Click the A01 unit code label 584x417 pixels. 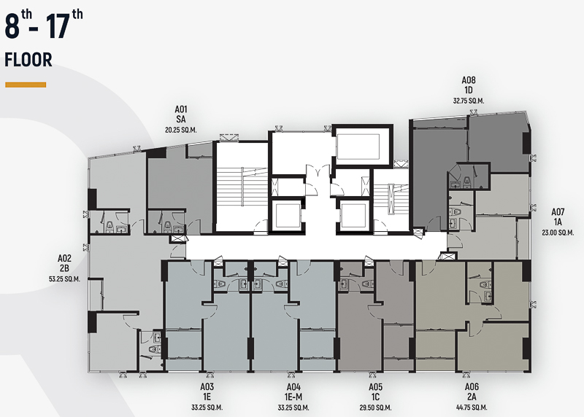tap(180, 109)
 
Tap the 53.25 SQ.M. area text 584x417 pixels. tap(64, 279)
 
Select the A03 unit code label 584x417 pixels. tap(207, 387)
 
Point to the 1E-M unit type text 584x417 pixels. tap(293, 397)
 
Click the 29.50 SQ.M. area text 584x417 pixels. tap(375, 408)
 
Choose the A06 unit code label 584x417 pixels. tap(472, 387)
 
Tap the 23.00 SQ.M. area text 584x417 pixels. tap(558, 233)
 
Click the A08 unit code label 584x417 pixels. tap(469, 80)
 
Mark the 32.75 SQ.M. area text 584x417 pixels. tap(469, 101)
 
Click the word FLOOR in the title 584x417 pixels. tap(28, 61)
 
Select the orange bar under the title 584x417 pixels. tap(26, 85)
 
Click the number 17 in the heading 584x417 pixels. tap(58, 26)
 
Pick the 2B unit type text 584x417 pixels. tap(64, 268)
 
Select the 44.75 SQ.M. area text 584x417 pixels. tap(472, 408)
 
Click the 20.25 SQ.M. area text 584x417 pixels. tap(180, 130)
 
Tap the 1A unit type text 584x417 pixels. tap(558, 222)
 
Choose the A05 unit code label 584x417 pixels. tap(375, 387)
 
